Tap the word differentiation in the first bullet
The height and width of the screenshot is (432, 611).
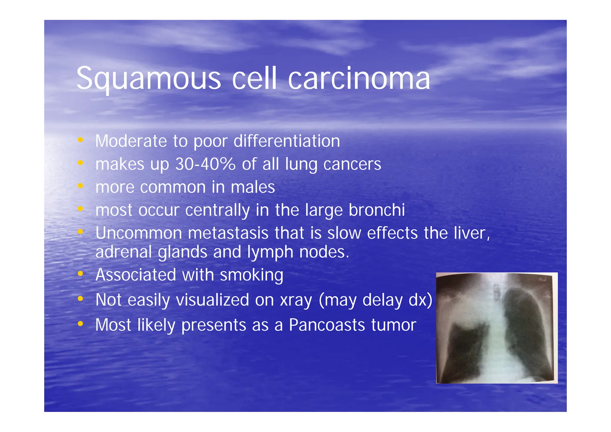pos(286,141)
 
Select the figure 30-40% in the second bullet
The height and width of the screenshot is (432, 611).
pos(205,164)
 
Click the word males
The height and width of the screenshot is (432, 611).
pos(253,187)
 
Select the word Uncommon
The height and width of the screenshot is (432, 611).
pos(139,233)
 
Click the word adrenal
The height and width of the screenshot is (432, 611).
pos(124,252)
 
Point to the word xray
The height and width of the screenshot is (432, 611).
pos(296,300)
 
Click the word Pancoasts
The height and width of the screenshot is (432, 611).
pos(327,325)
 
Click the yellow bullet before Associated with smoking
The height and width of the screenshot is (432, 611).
pos(80,273)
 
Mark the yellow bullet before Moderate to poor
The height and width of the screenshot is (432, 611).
pos(80,140)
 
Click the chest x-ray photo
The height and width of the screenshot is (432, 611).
pos(496,328)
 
